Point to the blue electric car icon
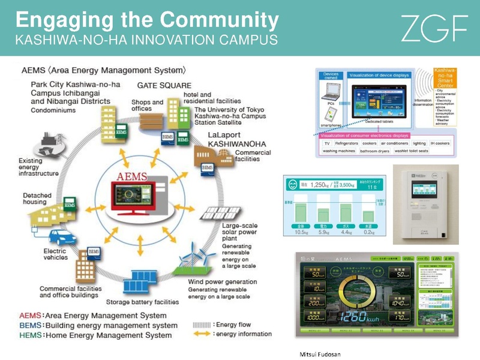pyautogui.click(x=61, y=235)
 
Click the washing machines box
pyautogui.click(x=340, y=151)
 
